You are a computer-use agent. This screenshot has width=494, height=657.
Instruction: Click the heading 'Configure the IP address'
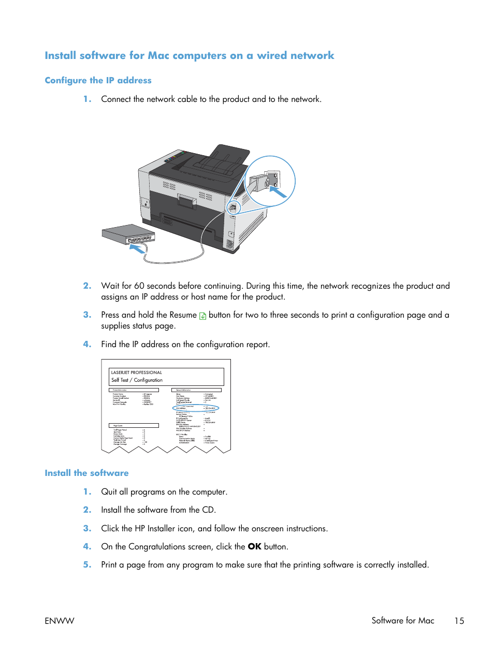(x=98, y=80)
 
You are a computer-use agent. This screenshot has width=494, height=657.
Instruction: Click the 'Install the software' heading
(x=86, y=473)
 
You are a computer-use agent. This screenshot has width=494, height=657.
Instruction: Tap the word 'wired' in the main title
(x=271, y=55)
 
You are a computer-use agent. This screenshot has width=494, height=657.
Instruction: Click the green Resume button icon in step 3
(x=202, y=316)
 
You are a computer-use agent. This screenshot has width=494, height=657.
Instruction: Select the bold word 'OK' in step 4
(x=254, y=546)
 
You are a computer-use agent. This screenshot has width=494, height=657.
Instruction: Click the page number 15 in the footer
(x=459, y=620)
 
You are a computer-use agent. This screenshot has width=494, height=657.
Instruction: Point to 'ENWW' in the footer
(x=60, y=620)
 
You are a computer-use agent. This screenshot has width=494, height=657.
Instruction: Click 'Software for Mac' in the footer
(x=402, y=620)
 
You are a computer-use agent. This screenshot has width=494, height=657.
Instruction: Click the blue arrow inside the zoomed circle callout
(x=278, y=192)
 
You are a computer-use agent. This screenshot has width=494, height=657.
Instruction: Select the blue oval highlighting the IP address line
(x=196, y=408)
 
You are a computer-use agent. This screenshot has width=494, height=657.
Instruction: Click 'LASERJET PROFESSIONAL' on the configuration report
(x=136, y=372)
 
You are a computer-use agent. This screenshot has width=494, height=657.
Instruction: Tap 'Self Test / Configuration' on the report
(x=137, y=380)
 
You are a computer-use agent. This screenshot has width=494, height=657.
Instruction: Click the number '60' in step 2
(x=139, y=286)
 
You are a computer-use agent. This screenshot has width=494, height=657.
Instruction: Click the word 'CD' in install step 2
(x=208, y=510)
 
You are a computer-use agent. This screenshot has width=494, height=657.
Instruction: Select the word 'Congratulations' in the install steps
(x=156, y=546)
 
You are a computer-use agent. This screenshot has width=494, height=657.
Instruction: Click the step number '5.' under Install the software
(x=87, y=564)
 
